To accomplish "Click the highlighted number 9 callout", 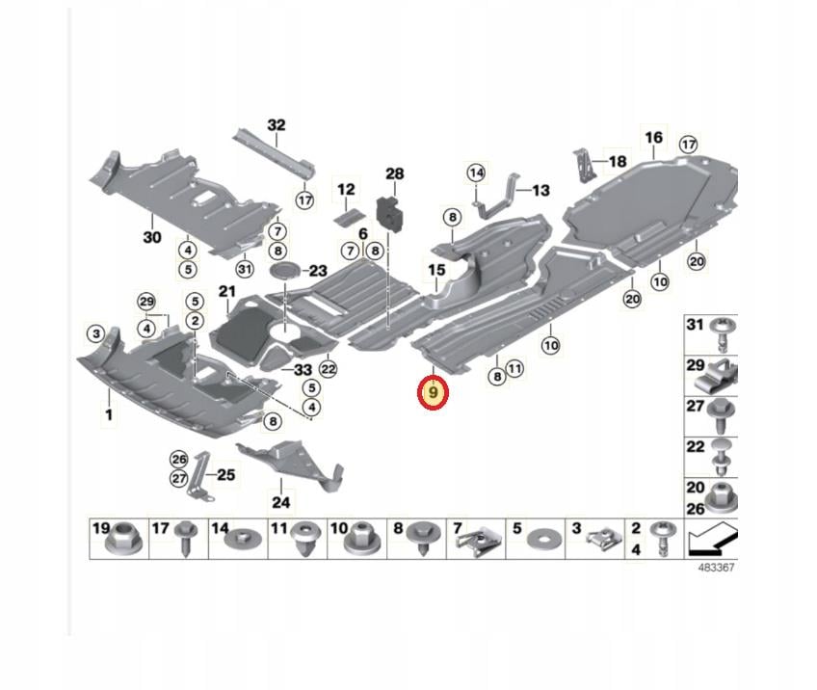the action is click(433, 393).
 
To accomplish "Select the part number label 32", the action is click(277, 125).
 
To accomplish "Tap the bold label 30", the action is click(152, 238).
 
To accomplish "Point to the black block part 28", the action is click(390, 212).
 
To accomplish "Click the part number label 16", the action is click(653, 138).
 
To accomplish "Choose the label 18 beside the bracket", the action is click(618, 162).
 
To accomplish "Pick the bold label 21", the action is click(227, 291).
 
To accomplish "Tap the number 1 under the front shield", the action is click(109, 415).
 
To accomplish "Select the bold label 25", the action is click(225, 475).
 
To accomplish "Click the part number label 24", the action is click(281, 502).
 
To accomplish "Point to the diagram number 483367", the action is click(716, 568).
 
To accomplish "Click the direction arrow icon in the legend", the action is click(712, 540).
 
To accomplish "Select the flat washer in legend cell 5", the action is click(540, 540).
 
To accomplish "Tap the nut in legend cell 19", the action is click(124, 541).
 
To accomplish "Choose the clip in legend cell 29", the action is click(722, 372).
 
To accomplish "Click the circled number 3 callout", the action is click(96, 333).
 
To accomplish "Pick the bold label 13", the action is click(540, 190).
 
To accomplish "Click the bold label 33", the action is click(303, 369).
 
